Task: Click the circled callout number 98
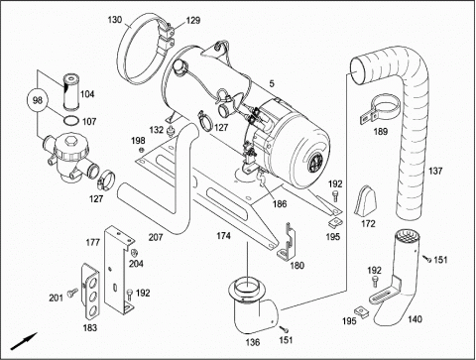click(38, 100)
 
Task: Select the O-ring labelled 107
click(71, 121)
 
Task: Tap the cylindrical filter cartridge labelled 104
click(70, 92)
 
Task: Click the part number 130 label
click(115, 20)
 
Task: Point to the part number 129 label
click(193, 21)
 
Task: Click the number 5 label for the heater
click(272, 83)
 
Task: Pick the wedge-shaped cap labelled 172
click(365, 200)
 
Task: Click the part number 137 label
click(435, 171)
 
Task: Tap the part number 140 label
click(415, 319)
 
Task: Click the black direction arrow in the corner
click(24, 341)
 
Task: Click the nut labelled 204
click(135, 253)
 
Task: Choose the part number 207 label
click(156, 237)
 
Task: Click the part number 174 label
click(223, 236)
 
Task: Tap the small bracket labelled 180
click(287, 240)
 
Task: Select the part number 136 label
click(253, 342)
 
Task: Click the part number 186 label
click(280, 203)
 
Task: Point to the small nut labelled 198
click(142, 151)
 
